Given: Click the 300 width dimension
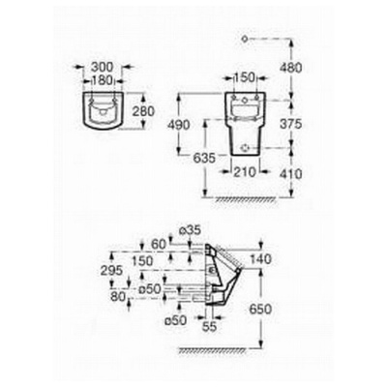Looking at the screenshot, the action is coord(103,68).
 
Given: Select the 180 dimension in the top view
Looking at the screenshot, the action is coord(103,80).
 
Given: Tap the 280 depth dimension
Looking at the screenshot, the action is coord(143,111).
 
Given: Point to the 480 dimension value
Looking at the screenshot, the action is coord(291,68).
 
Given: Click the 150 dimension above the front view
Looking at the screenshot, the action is coord(244,77).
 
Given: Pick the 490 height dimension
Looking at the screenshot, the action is coord(178,125).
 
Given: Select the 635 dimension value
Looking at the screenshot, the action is coord(204,158).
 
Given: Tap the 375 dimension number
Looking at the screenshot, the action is coord(290,124).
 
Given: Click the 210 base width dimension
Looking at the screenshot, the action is coord(244,172).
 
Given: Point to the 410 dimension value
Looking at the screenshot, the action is coord(291,174).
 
